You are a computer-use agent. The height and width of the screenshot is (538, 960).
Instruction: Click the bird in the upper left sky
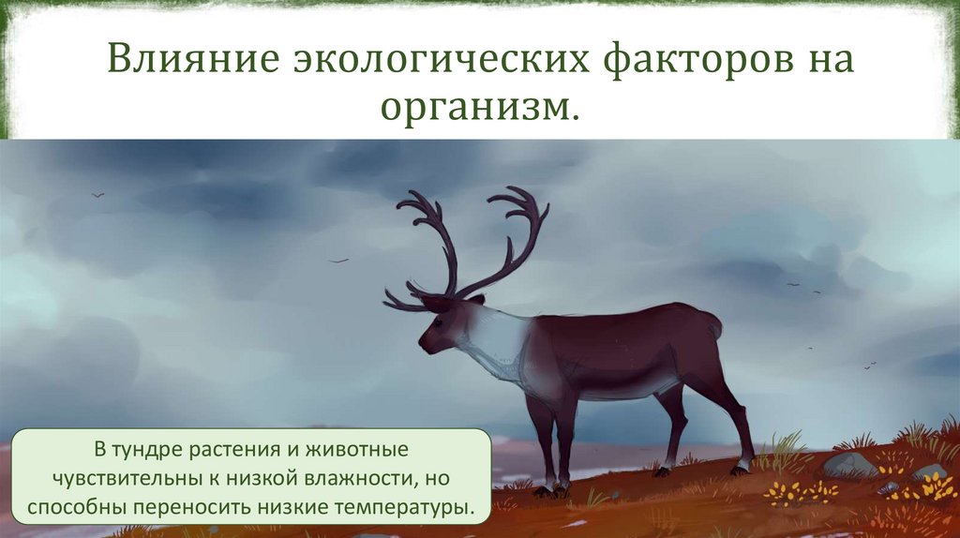97,195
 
